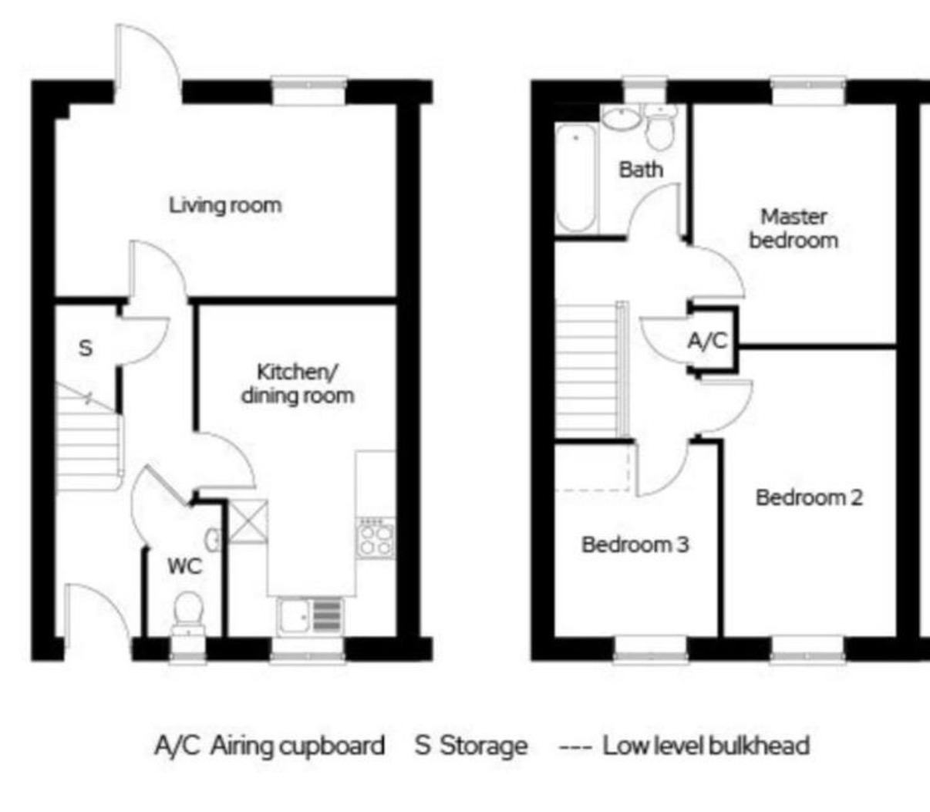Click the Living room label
point(225,205)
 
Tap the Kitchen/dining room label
point(298,384)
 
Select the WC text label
point(185,566)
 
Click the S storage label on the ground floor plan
point(86,348)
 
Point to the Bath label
point(641,170)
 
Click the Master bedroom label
point(794,228)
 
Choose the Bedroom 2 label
point(809,497)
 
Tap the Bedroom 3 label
point(635,544)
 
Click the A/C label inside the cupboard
point(707,340)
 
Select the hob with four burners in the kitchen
point(376,538)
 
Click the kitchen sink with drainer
point(310,616)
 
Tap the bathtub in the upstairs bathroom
point(576,178)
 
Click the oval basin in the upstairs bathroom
point(622,119)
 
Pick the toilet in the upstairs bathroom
point(660,128)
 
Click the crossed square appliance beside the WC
point(248,521)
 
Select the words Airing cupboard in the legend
point(298,746)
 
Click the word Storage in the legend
point(484,746)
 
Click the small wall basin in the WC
point(213,541)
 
